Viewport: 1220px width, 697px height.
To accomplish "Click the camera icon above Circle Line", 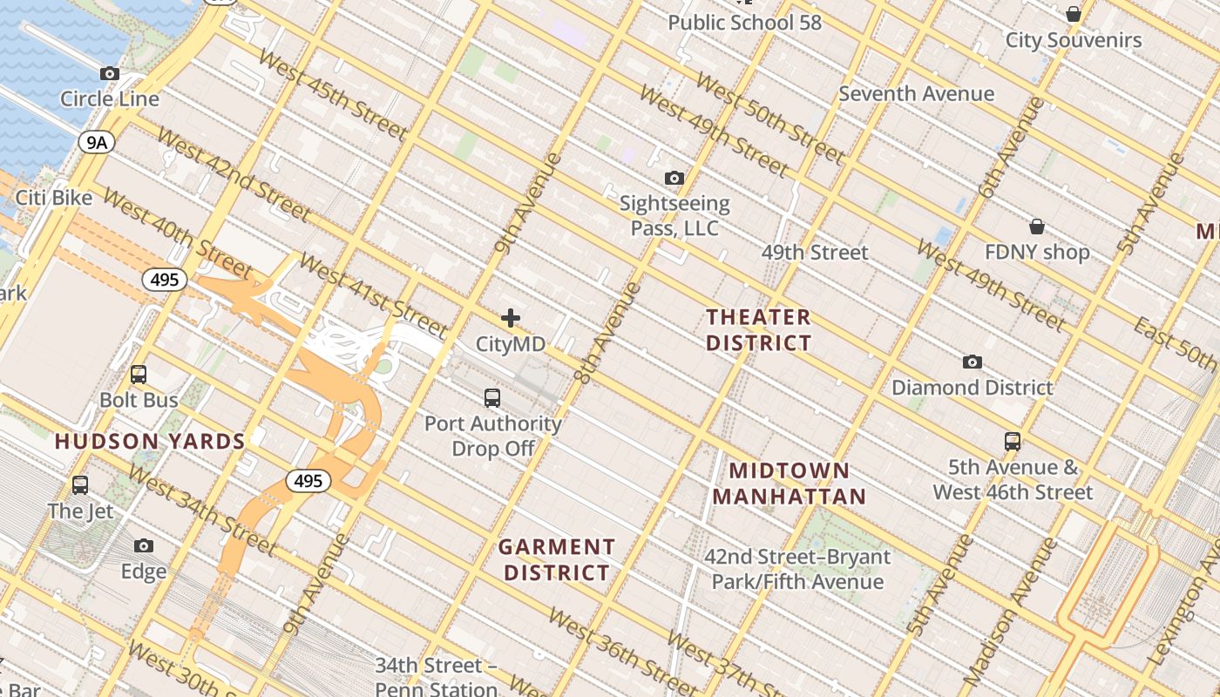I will click(x=110, y=74).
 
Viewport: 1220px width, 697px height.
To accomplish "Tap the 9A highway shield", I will click(x=96, y=142).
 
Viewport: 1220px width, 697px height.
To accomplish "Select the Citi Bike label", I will click(x=54, y=198).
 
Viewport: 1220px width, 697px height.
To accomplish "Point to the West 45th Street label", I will click(x=333, y=96).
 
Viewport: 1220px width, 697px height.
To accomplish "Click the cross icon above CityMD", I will click(x=511, y=318).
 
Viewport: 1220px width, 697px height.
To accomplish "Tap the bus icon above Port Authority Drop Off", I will click(x=492, y=398).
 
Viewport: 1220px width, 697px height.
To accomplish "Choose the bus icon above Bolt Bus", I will click(x=139, y=375).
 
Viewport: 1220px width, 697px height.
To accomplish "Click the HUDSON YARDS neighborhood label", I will click(x=150, y=442).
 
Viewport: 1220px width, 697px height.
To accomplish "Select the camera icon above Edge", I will click(x=144, y=546).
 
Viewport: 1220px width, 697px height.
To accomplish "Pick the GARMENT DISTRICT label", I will click(x=557, y=559).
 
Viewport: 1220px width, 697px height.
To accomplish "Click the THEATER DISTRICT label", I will click(x=758, y=329).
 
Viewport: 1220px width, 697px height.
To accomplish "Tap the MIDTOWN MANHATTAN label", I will click(x=790, y=484).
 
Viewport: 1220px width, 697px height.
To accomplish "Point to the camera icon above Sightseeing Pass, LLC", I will click(x=674, y=179).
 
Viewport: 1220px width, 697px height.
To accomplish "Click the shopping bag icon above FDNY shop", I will click(x=1037, y=227).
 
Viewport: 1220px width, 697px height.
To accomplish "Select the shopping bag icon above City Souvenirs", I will click(x=1074, y=14).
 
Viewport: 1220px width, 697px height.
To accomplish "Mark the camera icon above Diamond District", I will click(x=973, y=362).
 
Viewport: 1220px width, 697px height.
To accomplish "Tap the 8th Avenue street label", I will click(x=607, y=333).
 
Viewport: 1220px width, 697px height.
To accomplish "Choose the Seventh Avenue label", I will click(x=916, y=94).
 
